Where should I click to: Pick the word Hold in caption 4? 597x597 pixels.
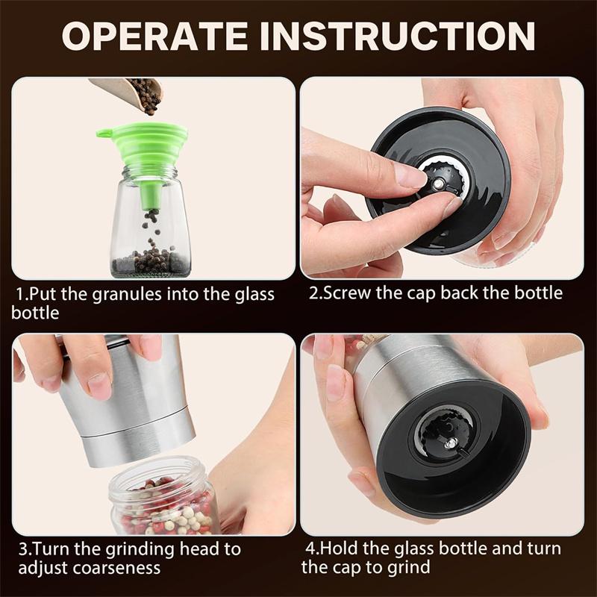(x=335, y=549)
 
